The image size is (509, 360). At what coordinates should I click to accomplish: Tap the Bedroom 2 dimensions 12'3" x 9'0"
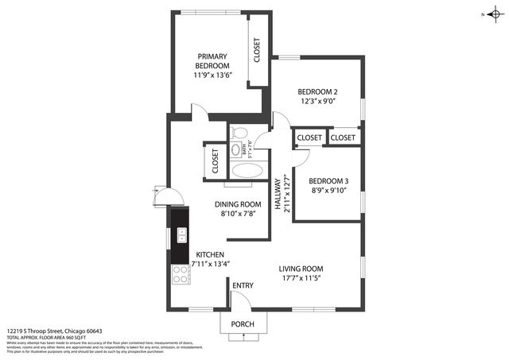click(x=317, y=101)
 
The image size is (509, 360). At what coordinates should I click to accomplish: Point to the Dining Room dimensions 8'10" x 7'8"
click(x=240, y=214)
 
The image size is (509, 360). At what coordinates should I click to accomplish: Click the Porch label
click(x=243, y=324)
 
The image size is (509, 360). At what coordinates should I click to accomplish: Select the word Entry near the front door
click(x=243, y=286)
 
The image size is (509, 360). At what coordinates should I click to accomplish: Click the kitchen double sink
click(x=181, y=235)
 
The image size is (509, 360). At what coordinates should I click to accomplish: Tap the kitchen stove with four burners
click(x=181, y=274)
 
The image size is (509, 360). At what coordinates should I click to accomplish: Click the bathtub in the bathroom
click(x=247, y=170)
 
